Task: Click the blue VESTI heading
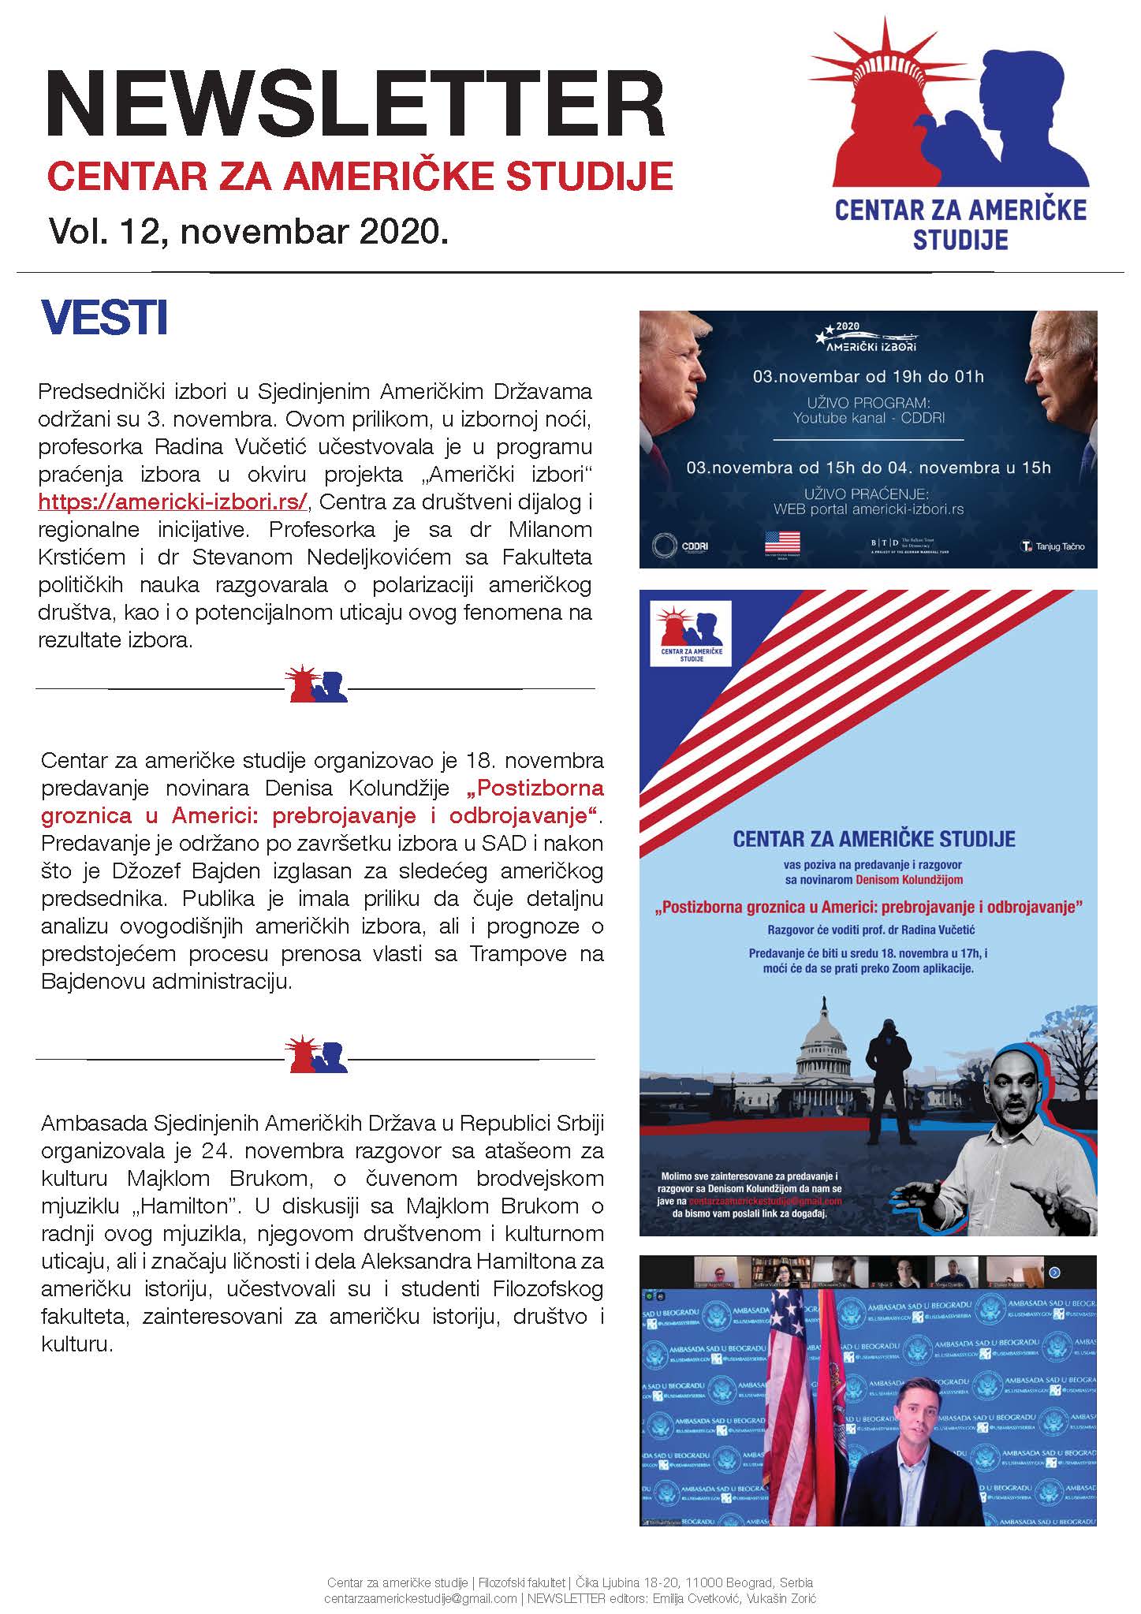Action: click(x=104, y=317)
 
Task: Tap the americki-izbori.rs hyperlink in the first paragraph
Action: click(x=173, y=501)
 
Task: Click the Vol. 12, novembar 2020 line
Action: click(x=248, y=232)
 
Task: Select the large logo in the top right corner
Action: click(x=960, y=134)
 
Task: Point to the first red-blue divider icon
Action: click(x=319, y=686)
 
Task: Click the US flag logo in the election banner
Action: click(x=781, y=542)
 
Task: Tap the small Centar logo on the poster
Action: click(x=687, y=632)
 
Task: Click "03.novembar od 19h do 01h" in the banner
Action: click(x=868, y=376)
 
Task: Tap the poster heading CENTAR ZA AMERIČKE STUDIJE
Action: click(x=874, y=838)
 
